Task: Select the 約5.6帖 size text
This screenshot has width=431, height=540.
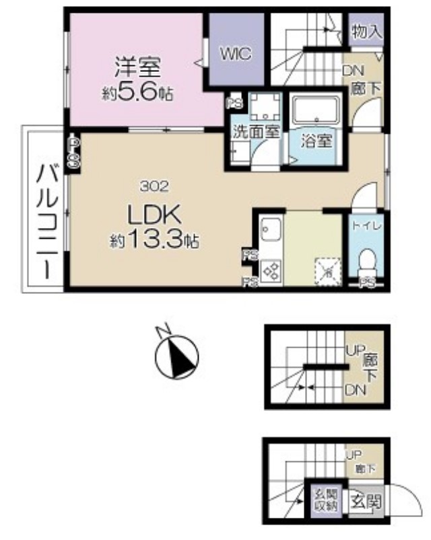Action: pyautogui.click(x=137, y=93)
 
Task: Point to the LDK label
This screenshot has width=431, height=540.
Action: pyautogui.click(x=153, y=216)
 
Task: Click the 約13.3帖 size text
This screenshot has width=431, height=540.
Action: pyautogui.click(x=154, y=240)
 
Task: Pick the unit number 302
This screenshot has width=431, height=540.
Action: pyautogui.click(x=153, y=185)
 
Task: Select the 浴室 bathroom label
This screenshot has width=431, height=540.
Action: pyautogui.click(x=317, y=143)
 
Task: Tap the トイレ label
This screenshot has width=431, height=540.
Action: pyautogui.click(x=366, y=227)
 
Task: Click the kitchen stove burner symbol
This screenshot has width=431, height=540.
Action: pyautogui.click(x=271, y=271)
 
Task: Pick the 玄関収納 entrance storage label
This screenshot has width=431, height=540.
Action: pyautogui.click(x=326, y=501)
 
